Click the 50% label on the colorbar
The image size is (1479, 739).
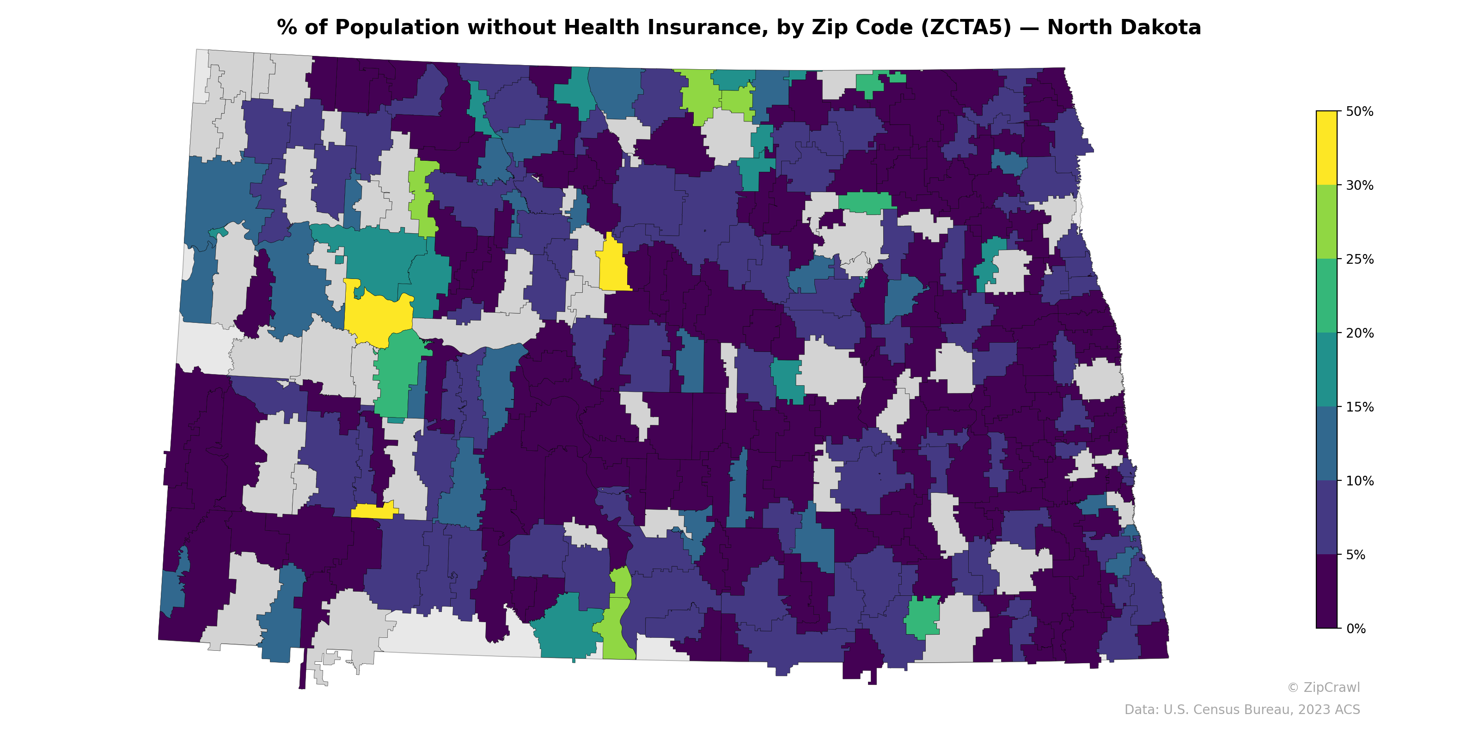click(x=1359, y=112)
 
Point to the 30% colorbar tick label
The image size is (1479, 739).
click(x=1359, y=185)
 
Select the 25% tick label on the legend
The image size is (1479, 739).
click(x=1359, y=259)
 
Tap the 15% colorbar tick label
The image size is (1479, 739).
click(x=1359, y=407)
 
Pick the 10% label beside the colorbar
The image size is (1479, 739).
click(x=1359, y=481)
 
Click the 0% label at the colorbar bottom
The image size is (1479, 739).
click(x=1356, y=629)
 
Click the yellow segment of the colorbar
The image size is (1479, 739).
click(x=1326, y=147)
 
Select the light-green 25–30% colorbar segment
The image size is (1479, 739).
click(x=1326, y=222)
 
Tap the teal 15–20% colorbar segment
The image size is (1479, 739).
click(x=1326, y=370)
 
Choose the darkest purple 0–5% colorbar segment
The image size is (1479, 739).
click(x=1326, y=592)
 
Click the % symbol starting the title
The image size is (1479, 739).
click(x=287, y=28)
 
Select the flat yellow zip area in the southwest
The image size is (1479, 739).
click(x=374, y=511)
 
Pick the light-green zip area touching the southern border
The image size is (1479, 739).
click(x=617, y=631)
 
